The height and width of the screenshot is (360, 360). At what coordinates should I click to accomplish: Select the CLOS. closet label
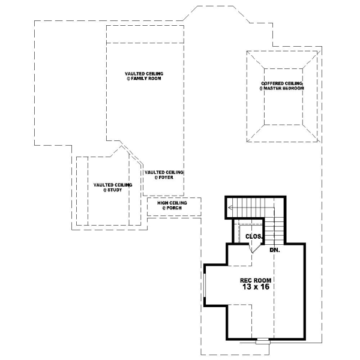(254, 236)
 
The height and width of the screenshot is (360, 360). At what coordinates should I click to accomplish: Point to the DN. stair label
(275, 249)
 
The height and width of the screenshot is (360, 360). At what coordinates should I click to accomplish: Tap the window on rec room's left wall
(204, 288)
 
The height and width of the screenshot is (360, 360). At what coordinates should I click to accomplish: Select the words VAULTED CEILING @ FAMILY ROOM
(144, 76)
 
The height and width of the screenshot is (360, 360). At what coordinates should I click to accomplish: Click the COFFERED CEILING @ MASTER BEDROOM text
(282, 86)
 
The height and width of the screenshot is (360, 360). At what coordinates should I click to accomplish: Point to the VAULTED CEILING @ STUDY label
(109, 187)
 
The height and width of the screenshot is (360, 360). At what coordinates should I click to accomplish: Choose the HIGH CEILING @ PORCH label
(172, 206)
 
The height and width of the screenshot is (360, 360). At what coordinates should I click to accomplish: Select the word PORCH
(175, 209)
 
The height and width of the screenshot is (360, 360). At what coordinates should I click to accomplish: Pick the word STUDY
(112, 190)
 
